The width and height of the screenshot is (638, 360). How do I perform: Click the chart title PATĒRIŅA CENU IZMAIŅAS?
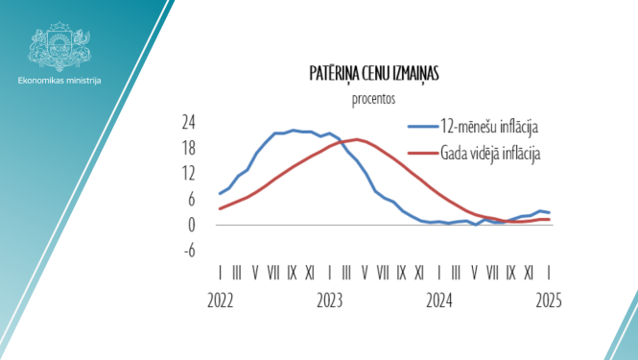click(x=374, y=73)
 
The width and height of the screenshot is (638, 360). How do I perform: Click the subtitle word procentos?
click(x=374, y=97)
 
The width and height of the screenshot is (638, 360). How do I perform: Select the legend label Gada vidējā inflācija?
click(x=492, y=152)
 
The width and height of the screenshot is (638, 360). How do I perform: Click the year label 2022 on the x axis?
click(x=221, y=300)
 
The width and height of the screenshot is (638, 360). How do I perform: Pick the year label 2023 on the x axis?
click(x=329, y=300)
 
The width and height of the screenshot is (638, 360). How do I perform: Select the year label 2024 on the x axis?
click(x=439, y=300)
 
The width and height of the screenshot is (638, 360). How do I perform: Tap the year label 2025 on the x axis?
click(x=548, y=300)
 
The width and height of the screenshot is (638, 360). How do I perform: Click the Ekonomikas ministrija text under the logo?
click(x=59, y=80)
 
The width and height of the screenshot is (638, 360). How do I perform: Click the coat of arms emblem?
click(x=59, y=45)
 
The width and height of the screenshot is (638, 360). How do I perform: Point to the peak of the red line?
click(x=356, y=139)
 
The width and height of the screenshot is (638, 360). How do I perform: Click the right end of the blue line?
click(x=549, y=212)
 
